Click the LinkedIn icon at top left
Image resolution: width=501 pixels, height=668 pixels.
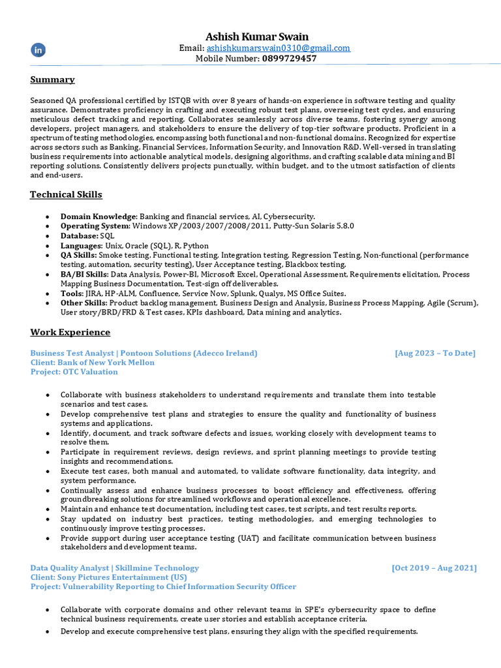(38, 50)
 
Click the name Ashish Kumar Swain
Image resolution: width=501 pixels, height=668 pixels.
(257, 37)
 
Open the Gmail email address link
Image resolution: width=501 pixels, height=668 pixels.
(279, 48)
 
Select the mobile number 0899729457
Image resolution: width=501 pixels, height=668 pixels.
(290, 58)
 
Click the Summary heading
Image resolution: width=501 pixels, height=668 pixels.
(52, 80)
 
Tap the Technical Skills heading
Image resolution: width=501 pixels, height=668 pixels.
(66, 194)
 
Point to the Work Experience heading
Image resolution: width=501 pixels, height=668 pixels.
(70, 332)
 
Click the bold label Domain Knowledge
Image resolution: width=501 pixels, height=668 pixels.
(98, 216)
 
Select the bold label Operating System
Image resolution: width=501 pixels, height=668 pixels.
(95, 226)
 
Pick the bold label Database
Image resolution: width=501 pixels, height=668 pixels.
(79, 235)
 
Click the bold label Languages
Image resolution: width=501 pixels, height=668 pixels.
(82, 245)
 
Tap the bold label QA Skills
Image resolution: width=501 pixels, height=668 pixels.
(79, 255)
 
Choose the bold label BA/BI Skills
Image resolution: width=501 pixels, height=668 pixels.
(84, 274)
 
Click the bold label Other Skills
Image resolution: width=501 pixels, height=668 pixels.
(84, 303)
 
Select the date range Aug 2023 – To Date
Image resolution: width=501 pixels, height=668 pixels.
(435, 353)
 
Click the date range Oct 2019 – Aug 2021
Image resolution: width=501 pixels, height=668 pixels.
(434, 568)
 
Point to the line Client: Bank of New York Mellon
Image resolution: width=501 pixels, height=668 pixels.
(93, 362)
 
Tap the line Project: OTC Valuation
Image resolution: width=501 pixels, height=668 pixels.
(74, 372)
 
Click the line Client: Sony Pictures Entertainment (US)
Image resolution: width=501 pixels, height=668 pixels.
(108, 577)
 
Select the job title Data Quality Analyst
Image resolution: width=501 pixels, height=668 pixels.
(70, 568)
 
